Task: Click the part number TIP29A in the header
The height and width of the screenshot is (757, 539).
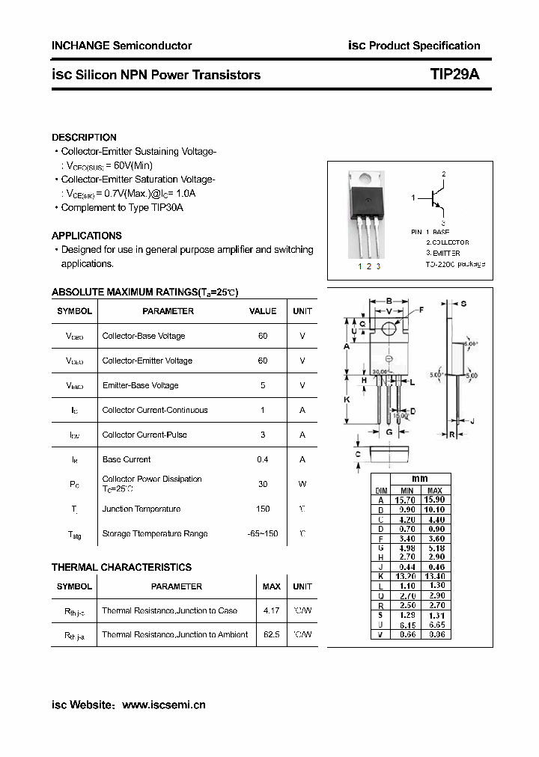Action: coord(455,75)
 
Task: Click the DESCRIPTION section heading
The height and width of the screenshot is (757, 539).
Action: coord(84,138)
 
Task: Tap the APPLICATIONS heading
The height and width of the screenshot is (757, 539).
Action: coord(87,236)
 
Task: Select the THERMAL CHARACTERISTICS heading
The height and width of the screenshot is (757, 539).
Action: coord(121,567)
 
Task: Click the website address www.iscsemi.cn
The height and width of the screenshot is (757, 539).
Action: coord(163,705)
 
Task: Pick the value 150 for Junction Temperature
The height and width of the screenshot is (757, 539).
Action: coord(263,509)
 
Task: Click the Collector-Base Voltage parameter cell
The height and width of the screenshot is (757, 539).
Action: coord(144,336)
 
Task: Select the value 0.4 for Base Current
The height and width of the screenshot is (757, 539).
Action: coord(263,459)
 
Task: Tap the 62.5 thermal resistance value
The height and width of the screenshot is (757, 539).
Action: coord(272,634)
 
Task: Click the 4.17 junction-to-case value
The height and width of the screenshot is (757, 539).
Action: coord(272,610)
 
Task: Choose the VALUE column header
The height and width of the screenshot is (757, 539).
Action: coord(263,311)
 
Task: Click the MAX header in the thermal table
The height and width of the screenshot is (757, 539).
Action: coord(272,586)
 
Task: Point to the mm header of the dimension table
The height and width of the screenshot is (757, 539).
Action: coord(420,479)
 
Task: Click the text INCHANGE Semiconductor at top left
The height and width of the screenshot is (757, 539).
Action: coord(121,46)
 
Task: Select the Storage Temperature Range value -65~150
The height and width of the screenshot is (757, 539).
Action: coord(263,534)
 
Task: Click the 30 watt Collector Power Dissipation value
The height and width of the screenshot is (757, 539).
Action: coord(263,484)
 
